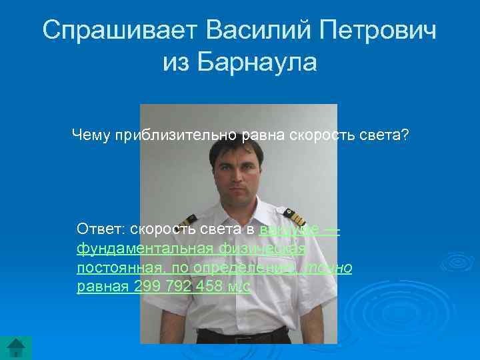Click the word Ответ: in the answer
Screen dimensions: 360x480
101,230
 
